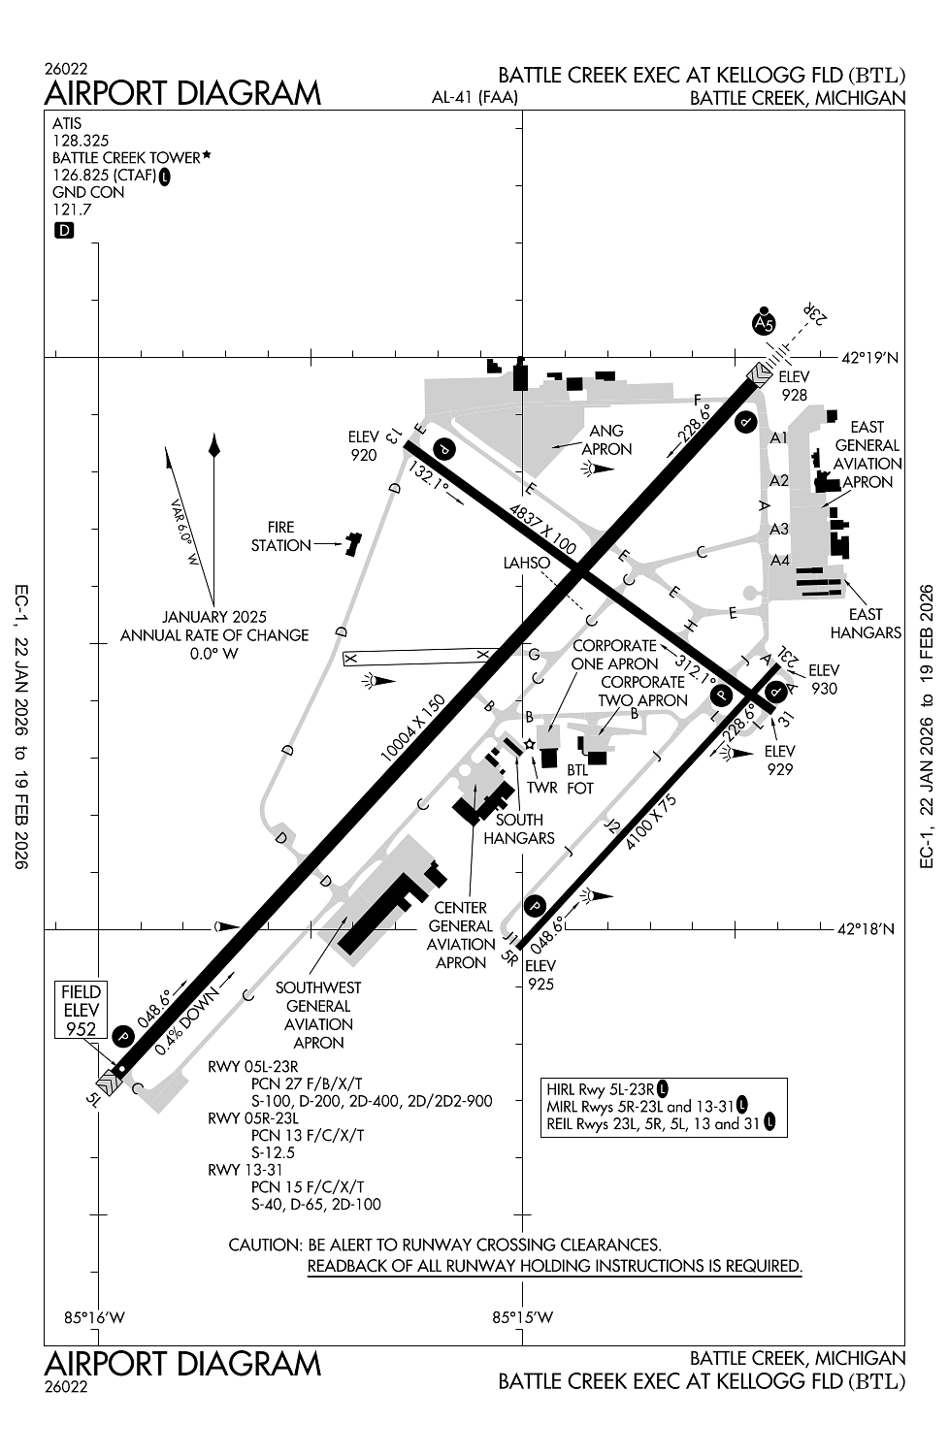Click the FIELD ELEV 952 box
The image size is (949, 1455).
point(82,1010)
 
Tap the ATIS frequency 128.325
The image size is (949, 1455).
point(81,141)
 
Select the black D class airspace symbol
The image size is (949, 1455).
point(64,231)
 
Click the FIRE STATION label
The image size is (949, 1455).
point(280,536)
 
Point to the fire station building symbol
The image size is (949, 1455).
point(351,544)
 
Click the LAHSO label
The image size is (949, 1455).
point(526,563)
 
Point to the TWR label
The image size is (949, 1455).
point(542,787)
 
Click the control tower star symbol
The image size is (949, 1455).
point(529,744)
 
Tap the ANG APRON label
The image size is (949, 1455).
point(606,439)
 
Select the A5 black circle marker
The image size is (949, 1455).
point(765,323)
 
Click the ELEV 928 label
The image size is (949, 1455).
point(794,386)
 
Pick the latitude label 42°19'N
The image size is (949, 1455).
point(869,358)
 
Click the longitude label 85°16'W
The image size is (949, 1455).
point(95,1317)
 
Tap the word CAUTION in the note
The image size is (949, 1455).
point(265,1245)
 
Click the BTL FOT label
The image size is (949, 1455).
point(579,779)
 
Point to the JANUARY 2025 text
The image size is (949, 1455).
point(214,617)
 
